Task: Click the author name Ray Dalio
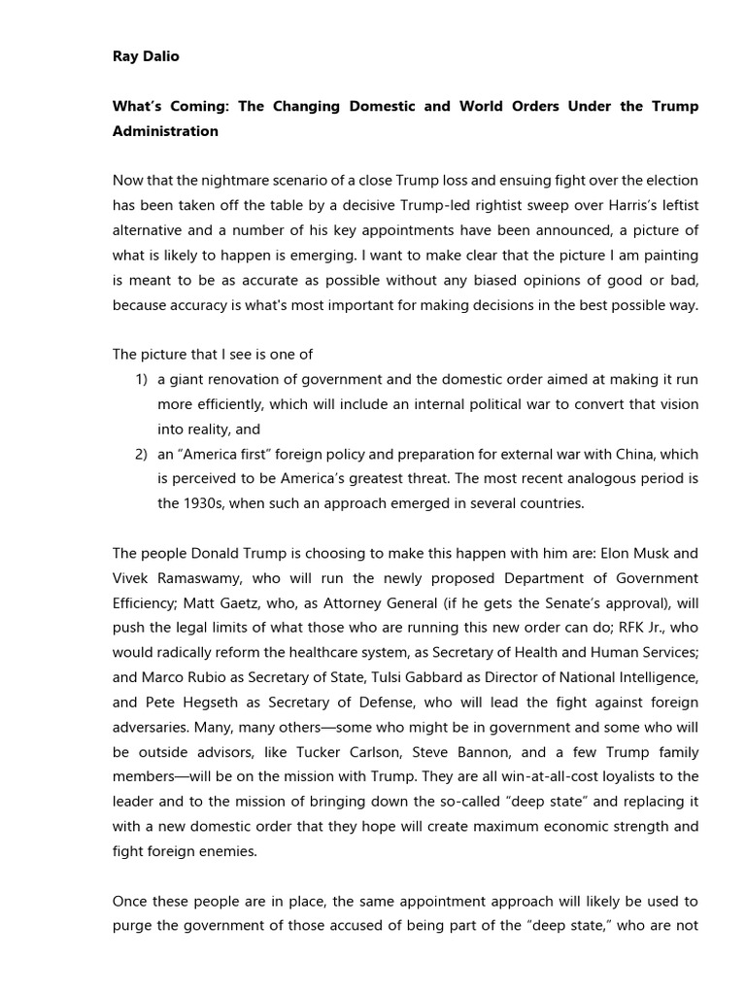pyautogui.click(x=146, y=56)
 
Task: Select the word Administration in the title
pyautogui.click(x=165, y=131)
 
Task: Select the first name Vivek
pyautogui.click(x=132, y=579)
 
